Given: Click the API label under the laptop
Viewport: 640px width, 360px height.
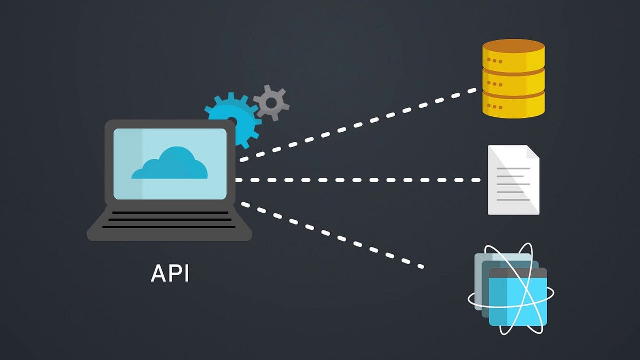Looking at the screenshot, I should (170, 273).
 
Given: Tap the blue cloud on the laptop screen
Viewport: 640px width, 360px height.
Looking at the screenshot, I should (170, 165).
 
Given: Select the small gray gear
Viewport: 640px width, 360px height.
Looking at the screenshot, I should (271, 102).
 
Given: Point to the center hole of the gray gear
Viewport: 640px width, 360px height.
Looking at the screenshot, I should (271, 102).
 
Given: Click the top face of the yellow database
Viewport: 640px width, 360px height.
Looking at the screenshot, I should (513, 46).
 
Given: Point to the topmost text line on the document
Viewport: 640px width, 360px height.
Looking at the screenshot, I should (513, 169).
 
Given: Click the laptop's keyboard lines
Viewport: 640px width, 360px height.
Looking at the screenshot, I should (169, 219).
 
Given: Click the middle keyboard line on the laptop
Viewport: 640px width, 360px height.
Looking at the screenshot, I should (169, 219).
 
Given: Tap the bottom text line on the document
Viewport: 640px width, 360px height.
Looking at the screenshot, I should (513, 200).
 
